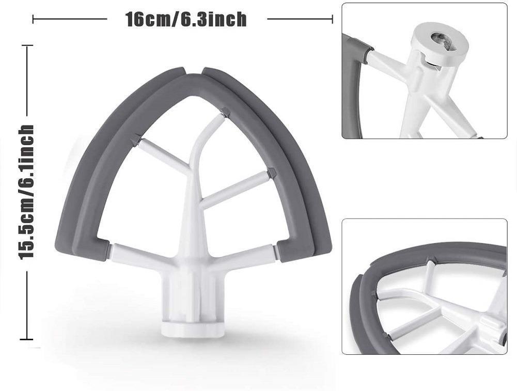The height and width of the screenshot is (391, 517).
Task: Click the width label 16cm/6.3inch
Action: tap(186, 19)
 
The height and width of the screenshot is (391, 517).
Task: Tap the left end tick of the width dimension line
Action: tap(33, 19)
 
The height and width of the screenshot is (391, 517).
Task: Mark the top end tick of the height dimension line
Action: tap(27, 45)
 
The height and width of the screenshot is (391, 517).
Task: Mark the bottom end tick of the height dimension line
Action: tap(27, 339)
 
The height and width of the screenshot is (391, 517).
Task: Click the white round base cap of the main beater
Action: tap(192, 329)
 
